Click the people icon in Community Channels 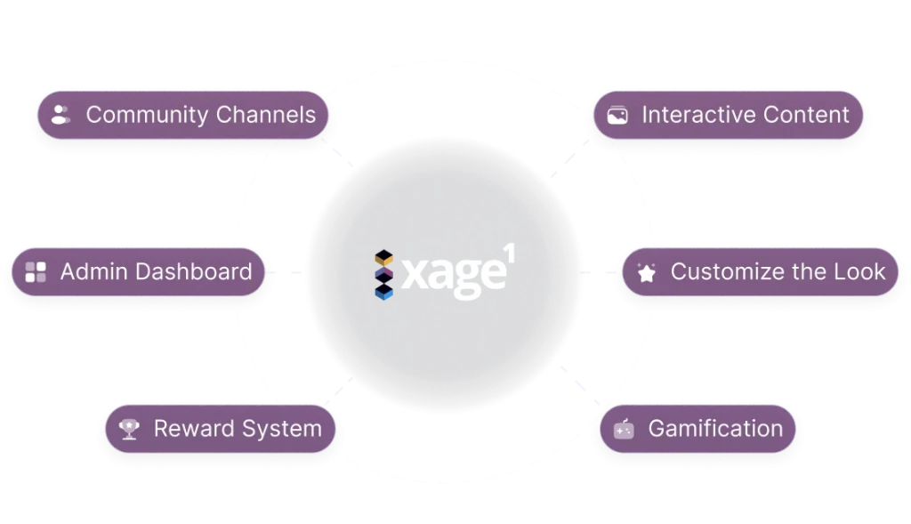point(60,115)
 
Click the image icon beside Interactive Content point(617,115)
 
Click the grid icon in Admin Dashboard point(36,272)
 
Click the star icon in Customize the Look point(647,273)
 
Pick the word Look point(862,272)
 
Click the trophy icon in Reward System point(129,430)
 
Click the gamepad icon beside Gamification point(624,430)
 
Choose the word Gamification point(715,429)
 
